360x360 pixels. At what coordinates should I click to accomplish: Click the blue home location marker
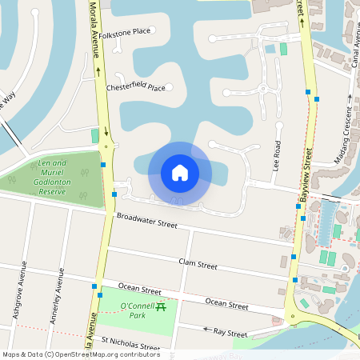(x=180, y=172)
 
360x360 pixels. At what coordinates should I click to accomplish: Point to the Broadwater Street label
(x=146, y=220)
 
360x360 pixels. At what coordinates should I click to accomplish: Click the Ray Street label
(x=231, y=332)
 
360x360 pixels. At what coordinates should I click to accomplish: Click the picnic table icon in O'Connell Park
(x=161, y=306)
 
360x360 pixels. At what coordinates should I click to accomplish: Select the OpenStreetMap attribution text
(x=81, y=354)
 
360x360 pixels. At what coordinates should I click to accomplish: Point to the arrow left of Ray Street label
(x=206, y=329)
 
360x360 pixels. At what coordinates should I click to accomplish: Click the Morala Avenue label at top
(x=93, y=32)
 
